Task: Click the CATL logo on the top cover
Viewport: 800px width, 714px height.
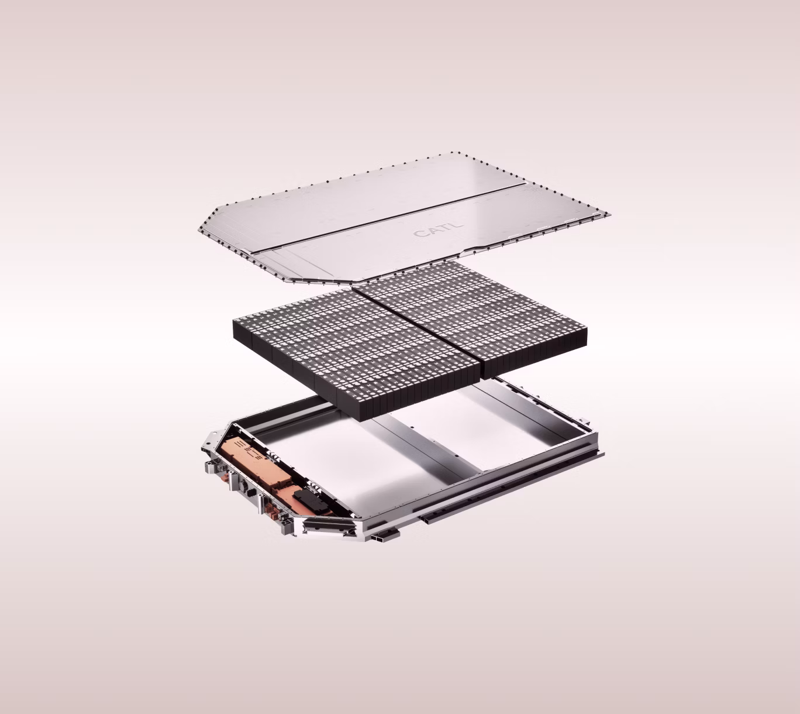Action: point(437,229)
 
